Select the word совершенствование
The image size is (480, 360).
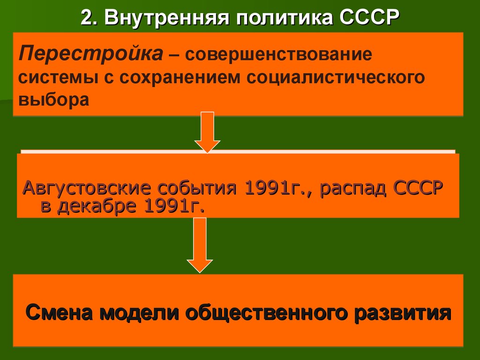[278, 54]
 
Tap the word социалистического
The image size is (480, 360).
[336, 77]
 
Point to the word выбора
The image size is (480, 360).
[54, 99]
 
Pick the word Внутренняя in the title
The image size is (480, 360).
[167, 17]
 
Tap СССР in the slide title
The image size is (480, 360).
[369, 17]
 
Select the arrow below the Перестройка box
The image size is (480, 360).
[207, 132]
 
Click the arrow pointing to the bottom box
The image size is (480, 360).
[200, 245]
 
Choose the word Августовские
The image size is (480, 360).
[87, 187]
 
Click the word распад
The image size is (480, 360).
[353, 188]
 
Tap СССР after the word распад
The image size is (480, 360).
[418, 187]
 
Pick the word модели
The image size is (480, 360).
[139, 313]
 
